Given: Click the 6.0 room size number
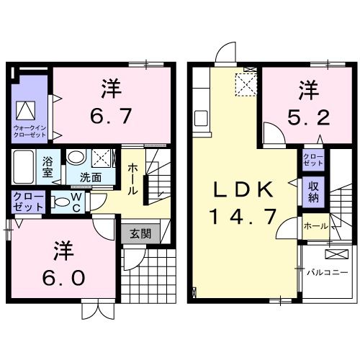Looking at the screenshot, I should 63,276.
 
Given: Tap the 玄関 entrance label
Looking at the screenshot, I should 140,233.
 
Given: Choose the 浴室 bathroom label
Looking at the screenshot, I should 49,167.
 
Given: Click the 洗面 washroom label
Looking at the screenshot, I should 90,177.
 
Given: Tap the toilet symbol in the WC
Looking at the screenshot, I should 60,201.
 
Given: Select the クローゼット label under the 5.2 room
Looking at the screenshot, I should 313,160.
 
